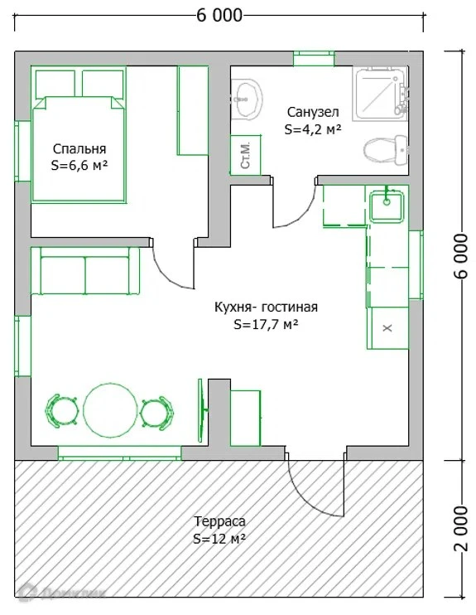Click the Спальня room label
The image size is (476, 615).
79,149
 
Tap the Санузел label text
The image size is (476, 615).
313,112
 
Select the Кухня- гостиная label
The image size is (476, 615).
266,307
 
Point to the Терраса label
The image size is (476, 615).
219,521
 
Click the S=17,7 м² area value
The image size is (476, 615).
266,324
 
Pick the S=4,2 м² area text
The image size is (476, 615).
313,129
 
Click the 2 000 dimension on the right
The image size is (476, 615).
461,528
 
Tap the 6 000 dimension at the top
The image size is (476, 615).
219,15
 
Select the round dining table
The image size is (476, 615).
111,409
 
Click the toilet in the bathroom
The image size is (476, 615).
386,149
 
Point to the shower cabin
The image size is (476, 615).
380,94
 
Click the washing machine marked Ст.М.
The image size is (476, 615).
246,155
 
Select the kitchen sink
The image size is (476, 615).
387,206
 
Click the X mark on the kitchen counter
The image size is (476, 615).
387,327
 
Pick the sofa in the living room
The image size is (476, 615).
85,270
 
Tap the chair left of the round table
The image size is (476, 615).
60,411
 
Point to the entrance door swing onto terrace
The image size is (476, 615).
315,489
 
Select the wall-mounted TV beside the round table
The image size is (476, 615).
202,410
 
